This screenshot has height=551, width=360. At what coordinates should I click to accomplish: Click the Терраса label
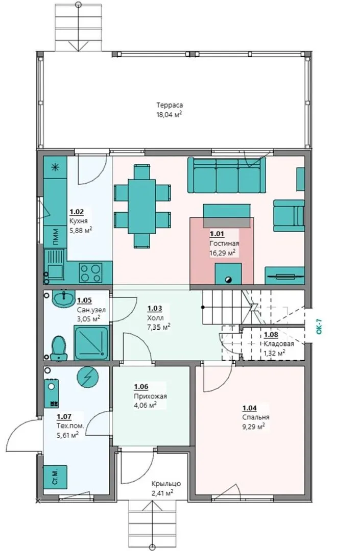click(x=170, y=105)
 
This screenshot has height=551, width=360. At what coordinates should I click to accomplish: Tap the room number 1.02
click(x=77, y=212)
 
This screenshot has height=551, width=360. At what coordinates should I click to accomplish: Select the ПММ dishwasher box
click(x=55, y=237)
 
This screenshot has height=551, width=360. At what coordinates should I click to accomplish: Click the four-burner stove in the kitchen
click(x=90, y=273)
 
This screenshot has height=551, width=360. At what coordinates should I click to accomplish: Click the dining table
click(x=142, y=206)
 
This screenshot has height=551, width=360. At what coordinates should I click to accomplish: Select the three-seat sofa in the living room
click(x=227, y=174)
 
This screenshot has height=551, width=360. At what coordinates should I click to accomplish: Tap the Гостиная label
click(x=224, y=243)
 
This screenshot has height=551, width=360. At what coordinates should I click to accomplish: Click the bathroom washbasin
click(x=63, y=298)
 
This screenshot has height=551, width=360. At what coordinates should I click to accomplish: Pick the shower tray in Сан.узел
click(x=91, y=343)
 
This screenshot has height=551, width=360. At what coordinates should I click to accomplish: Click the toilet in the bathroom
click(x=58, y=348)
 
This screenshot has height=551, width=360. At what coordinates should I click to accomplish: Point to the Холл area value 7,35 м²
click(x=159, y=328)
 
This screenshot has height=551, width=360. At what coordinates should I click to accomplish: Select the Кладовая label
click(x=279, y=344)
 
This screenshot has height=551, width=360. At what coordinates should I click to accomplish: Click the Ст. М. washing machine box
click(x=55, y=477)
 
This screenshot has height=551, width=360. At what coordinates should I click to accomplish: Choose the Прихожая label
click(x=150, y=396)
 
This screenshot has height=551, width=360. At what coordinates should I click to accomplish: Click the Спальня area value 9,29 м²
click(x=253, y=427)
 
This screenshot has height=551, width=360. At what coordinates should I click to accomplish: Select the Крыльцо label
click(x=166, y=484)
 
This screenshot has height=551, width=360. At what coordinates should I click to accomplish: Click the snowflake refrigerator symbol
click(x=55, y=167)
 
